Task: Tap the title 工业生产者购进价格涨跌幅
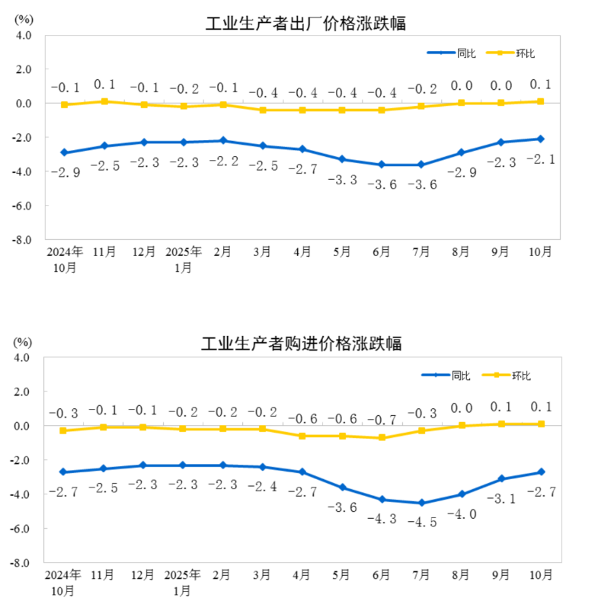click(301, 344)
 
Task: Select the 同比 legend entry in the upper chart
click(452, 53)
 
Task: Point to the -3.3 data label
click(342, 179)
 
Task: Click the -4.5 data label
click(421, 523)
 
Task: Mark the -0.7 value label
click(382, 419)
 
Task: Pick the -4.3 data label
click(382, 519)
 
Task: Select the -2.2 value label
click(223, 161)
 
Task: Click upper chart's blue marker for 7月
click(421, 165)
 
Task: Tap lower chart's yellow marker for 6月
click(382, 438)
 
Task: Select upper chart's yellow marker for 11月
click(104, 101)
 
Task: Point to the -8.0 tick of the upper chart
click(23, 239)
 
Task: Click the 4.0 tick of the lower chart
click(23, 357)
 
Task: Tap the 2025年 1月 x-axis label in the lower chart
click(184, 581)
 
